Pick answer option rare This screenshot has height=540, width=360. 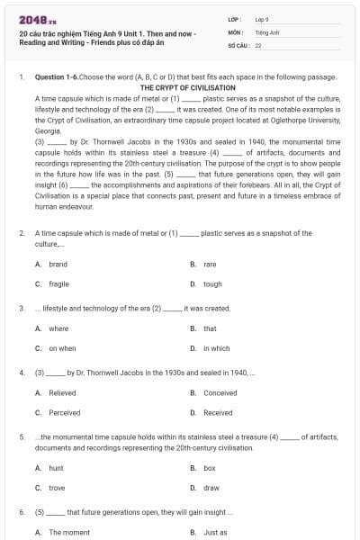point(210,265)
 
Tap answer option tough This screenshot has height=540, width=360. point(212,283)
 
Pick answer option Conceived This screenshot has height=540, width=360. point(220,393)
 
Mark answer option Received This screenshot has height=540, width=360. point(218,412)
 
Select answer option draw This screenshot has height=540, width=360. point(211,487)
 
